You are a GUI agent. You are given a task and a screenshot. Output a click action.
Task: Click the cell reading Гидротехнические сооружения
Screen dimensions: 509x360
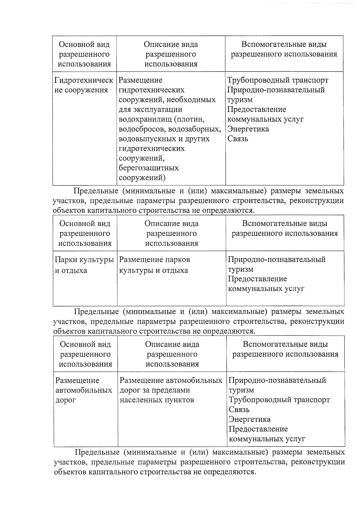(x=84, y=85)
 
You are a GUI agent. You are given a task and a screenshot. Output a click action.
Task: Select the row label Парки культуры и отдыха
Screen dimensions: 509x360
(x=84, y=265)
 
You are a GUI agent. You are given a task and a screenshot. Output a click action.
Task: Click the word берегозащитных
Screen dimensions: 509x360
(x=148, y=168)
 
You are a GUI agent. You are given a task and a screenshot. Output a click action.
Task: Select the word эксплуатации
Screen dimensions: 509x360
(x=156, y=109)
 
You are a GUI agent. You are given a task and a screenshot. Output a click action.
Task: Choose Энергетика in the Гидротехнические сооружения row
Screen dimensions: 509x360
(x=248, y=129)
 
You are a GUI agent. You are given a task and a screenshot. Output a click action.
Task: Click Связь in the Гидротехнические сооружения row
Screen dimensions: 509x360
(x=238, y=139)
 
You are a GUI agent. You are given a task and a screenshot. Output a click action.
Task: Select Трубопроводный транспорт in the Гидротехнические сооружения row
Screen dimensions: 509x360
(x=277, y=80)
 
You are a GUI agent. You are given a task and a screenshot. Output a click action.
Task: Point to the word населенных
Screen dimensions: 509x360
(x=140, y=400)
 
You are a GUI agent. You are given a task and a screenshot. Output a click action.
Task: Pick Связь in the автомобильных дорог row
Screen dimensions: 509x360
(x=239, y=410)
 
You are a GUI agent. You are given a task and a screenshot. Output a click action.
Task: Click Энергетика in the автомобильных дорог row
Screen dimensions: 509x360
(x=249, y=419)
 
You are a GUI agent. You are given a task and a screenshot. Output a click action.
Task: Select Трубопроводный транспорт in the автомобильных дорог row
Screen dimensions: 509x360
(x=279, y=400)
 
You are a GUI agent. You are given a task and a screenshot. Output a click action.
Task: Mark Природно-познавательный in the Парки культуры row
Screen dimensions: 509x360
(x=276, y=259)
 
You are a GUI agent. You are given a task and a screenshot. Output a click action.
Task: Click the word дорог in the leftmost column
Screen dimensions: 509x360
(x=65, y=400)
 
